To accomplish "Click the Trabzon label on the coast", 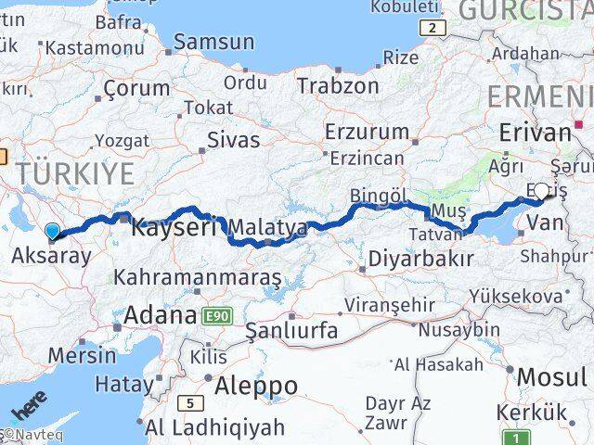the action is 338,86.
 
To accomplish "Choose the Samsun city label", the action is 214,42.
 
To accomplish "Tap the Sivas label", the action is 232,141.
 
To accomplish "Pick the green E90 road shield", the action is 216,316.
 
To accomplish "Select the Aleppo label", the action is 256,385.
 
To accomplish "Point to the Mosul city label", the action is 551,377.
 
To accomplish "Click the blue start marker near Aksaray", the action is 53,233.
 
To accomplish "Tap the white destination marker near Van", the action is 542,191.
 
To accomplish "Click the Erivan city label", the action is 535,133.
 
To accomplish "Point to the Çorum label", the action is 136,89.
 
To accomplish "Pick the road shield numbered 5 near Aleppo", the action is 191,402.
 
